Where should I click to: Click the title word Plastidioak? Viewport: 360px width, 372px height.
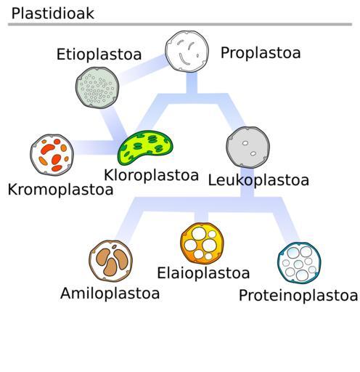coord(52,13)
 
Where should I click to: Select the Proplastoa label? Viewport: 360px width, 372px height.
coord(261,53)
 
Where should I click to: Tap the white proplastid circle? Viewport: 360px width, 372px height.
coord(187,52)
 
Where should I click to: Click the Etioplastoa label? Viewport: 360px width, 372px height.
coord(99,54)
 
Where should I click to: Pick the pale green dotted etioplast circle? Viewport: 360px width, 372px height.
coord(97,88)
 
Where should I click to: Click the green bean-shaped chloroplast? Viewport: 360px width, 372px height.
coord(145,147)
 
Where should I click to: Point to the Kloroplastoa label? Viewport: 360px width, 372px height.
coord(151,175)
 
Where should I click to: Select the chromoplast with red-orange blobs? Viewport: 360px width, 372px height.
coord(52,155)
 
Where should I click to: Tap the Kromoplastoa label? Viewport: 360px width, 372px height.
coord(60,190)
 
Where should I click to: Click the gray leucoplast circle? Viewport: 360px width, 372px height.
coord(248,147)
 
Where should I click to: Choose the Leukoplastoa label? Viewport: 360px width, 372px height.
coord(258,180)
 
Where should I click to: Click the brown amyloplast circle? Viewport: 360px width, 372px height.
coord(111,261)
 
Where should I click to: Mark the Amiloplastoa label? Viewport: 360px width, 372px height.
coord(110,294)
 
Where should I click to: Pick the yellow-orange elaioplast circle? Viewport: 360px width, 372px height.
coord(202,243)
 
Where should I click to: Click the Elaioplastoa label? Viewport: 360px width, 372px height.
coord(203,273)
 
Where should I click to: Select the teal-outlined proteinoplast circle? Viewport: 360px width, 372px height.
coord(299,263)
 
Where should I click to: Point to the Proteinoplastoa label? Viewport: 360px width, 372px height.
coord(298,296)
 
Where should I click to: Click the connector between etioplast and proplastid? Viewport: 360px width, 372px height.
coord(142,70)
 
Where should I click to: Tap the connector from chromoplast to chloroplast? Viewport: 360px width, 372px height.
coord(97,147)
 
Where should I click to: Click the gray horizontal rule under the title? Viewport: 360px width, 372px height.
coord(180,24)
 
